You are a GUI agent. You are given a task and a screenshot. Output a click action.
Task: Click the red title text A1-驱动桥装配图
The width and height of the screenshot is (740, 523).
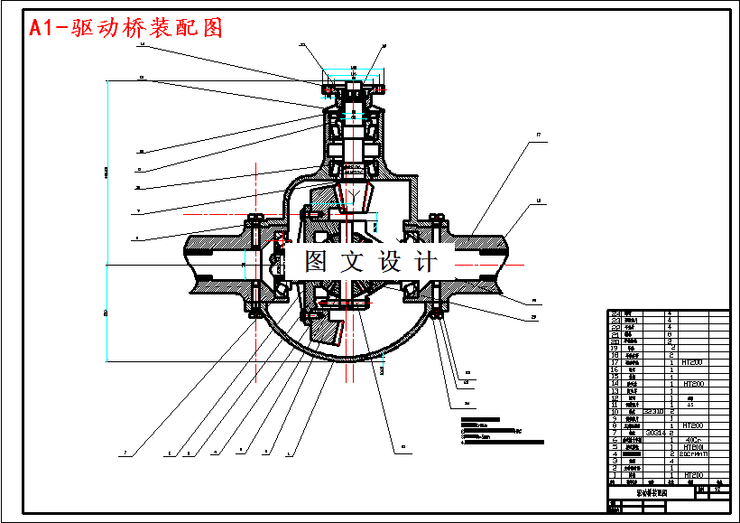[x=126, y=28]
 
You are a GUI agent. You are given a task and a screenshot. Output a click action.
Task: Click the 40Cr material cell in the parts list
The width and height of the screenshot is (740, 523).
[x=694, y=440]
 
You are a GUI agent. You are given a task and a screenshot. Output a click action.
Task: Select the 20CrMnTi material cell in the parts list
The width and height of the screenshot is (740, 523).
[x=694, y=453]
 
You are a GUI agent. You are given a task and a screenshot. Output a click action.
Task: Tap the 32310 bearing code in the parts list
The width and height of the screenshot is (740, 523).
[x=653, y=411]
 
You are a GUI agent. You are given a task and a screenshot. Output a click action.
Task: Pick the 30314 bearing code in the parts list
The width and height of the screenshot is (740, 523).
[x=654, y=433]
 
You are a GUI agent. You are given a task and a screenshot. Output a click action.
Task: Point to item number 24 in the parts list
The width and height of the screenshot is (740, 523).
[x=615, y=313]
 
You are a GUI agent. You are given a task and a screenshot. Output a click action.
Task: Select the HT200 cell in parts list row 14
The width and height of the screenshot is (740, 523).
[x=694, y=384]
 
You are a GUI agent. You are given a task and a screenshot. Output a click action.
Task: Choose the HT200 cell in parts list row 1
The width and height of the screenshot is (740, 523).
[x=694, y=474]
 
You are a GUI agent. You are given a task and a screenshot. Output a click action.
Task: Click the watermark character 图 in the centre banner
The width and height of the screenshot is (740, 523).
[x=316, y=262]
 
